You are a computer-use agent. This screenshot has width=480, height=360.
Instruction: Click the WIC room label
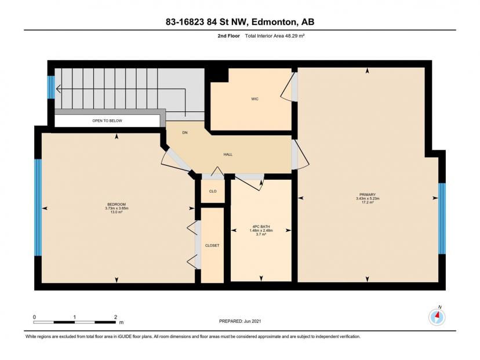[254, 99]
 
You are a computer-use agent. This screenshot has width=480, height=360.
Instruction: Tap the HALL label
[228, 155]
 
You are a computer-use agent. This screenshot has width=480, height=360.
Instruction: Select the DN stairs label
[185, 133]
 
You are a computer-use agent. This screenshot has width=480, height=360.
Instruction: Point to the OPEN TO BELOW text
[107, 121]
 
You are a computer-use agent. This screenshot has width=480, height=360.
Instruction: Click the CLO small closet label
[213, 191]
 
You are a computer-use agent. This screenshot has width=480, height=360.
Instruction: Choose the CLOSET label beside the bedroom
[212, 246]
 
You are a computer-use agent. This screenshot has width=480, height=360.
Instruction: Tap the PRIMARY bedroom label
[368, 195]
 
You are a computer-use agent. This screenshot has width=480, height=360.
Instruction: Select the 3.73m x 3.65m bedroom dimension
[117, 208]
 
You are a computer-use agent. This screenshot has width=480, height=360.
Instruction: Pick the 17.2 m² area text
[368, 202]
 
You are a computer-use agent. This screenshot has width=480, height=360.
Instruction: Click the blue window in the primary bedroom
[442, 219]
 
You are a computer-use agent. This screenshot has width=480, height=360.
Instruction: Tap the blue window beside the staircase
[51, 87]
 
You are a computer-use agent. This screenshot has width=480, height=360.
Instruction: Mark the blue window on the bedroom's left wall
[38, 207]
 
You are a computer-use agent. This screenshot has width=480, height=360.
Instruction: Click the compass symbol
[437, 317]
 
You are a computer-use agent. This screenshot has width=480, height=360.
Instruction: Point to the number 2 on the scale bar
[115, 317]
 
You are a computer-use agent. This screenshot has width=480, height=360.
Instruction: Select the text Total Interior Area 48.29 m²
[275, 36]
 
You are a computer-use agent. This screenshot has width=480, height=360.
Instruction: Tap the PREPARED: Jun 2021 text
[240, 321]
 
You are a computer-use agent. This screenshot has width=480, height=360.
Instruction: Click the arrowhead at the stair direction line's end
[58, 89]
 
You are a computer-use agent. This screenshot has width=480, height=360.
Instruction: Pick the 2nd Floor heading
[228, 36]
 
